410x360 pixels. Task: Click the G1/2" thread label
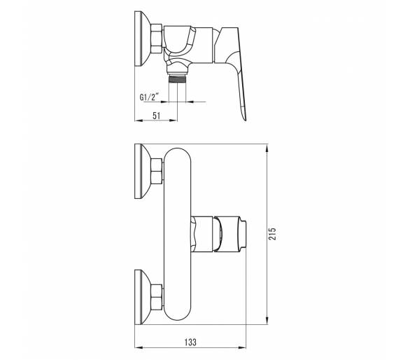pyautogui.click(x=149, y=97)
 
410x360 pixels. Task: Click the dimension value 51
pyautogui.click(x=156, y=116)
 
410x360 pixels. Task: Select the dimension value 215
pyautogui.click(x=272, y=233)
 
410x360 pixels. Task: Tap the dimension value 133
pyautogui.click(x=190, y=342)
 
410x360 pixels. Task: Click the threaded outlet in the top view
pyautogui.click(x=178, y=78)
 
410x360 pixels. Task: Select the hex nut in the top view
pyautogui.click(x=157, y=39)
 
